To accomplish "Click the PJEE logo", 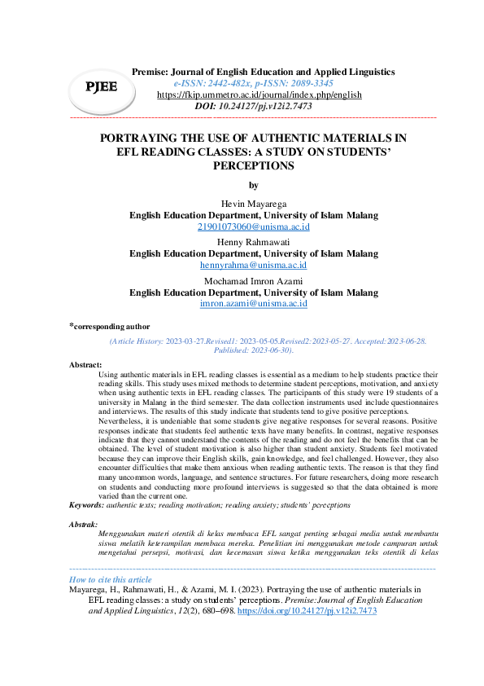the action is click(x=102, y=86).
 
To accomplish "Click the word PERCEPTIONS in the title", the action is click(x=253, y=165).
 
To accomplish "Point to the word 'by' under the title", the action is click(x=253, y=185).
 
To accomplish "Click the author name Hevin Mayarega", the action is click(x=253, y=203).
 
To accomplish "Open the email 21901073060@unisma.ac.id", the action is click(x=253, y=226).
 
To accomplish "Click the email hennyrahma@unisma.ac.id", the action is click(x=253, y=265).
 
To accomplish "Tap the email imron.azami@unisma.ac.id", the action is click(x=253, y=303).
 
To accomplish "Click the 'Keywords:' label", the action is click(x=87, y=504).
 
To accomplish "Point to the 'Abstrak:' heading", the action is click(x=85, y=524).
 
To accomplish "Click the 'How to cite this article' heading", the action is click(x=111, y=579).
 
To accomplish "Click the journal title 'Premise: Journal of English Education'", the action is click(x=264, y=72).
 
